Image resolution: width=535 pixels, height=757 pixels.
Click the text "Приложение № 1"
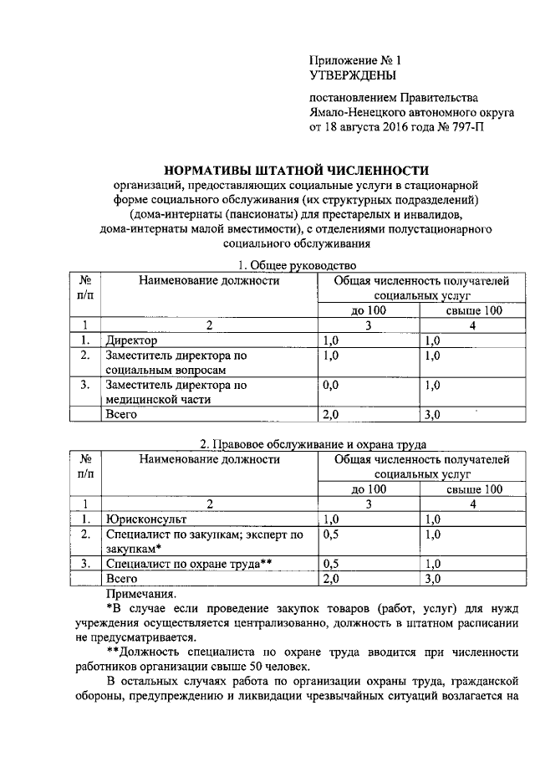(x=355, y=60)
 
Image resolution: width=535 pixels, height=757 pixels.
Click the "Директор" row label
(x=131, y=340)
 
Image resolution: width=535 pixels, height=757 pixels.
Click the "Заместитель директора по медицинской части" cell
(x=176, y=392)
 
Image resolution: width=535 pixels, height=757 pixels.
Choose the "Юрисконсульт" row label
(x=141, y=519)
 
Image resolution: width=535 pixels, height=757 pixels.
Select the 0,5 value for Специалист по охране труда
(x=331, y=563)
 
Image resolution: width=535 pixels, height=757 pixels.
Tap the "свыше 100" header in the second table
(x=473, y=488)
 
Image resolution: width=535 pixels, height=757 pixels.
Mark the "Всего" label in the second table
(x=122, y=578)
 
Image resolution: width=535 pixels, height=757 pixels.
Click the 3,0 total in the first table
(x=433, y=414)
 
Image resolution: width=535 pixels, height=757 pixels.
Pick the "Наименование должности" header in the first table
(x=209, y=281)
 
